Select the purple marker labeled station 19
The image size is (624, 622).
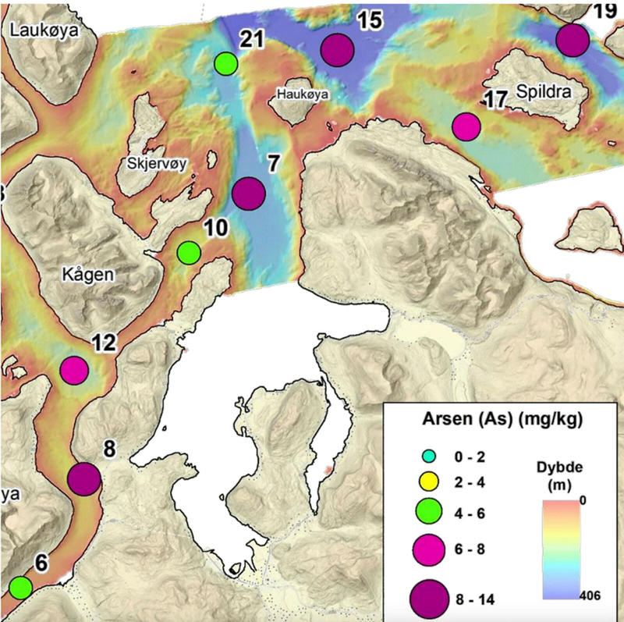(x=572, y=40)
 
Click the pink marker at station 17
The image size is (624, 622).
(x=466, y=126)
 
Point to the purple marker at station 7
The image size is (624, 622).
(x=249, y=193)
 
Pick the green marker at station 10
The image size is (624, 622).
(x=188, y=253)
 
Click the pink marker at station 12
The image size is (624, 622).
(x=74, y=370)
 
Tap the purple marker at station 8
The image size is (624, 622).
(x=84, y=479)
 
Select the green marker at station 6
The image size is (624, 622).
(x=20, y=586)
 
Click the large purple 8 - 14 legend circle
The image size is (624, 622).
(x=428, y=597)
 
